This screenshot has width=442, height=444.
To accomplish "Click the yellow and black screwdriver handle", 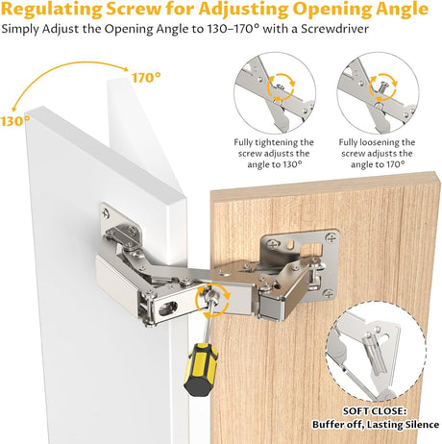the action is pos(200,368).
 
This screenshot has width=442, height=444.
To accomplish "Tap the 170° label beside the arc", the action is pos(146,78).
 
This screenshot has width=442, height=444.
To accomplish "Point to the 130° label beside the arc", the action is pos(14,121).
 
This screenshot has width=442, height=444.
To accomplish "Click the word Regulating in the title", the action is pos(51,10).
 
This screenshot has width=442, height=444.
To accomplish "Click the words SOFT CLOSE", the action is pos(375,411).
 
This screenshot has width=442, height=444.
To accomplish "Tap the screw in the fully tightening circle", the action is pos(280,86).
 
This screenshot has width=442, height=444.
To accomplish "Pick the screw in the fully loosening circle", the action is pos(382,87).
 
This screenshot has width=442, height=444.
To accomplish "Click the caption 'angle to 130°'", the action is pos(275,164).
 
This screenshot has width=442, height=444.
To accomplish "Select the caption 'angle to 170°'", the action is pos(378,164).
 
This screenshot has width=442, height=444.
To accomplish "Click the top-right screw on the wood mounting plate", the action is pos(331,238).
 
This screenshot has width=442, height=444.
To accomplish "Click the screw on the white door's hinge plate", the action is pos(105,212).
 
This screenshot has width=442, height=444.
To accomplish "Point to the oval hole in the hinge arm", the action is pos(168,308).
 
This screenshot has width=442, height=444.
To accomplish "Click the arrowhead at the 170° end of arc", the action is pos(126,69).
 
